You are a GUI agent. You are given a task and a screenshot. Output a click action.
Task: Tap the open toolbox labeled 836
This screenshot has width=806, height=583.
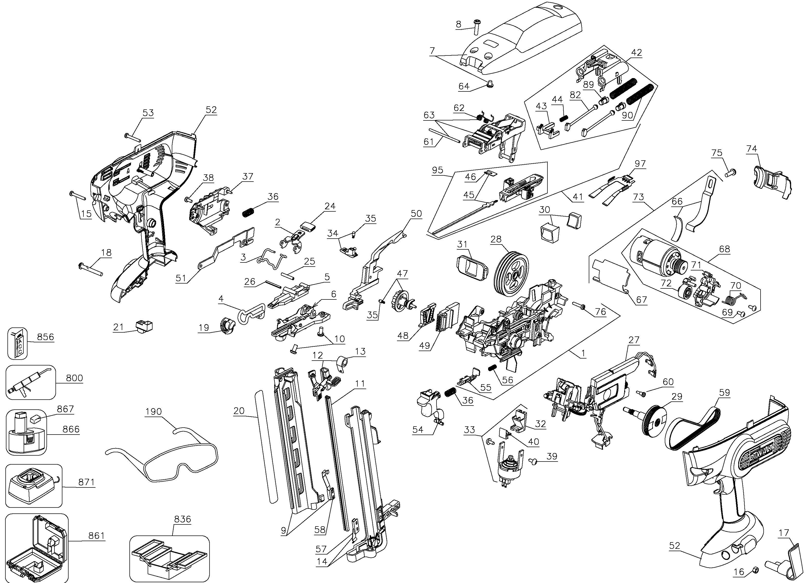[169, 558]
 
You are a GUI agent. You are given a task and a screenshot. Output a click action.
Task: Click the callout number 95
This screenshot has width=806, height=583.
[438, 170]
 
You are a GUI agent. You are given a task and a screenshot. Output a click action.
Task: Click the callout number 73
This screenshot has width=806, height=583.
[638, 197]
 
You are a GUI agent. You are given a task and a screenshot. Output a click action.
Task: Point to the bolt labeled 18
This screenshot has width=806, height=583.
[90, 269]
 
